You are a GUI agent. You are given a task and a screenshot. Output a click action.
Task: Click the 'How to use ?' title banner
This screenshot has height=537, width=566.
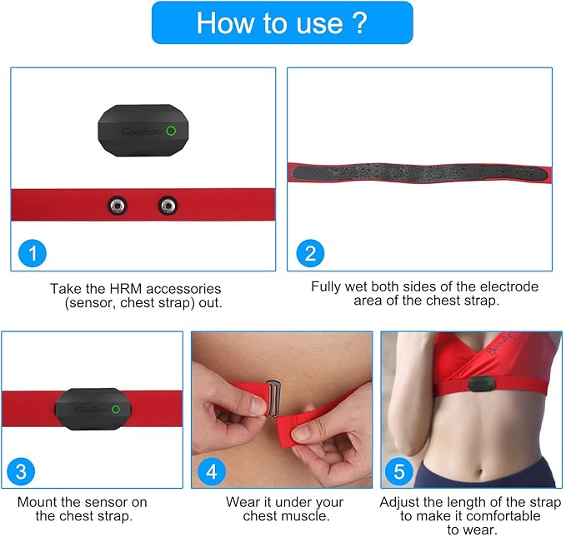[282, 22]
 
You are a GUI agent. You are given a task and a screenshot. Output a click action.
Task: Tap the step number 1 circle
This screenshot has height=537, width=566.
[32, 253]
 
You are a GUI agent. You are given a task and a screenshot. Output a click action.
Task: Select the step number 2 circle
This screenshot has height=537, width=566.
[310, 253]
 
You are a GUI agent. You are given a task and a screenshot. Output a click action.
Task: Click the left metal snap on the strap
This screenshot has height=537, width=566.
[118, 204]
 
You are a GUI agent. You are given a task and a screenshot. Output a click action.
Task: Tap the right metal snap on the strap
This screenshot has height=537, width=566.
[168, 204]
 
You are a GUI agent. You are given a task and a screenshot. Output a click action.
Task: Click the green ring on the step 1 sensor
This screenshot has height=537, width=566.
[171, 131]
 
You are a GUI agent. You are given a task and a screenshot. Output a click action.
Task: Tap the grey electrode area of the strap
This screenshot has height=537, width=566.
[417, 172]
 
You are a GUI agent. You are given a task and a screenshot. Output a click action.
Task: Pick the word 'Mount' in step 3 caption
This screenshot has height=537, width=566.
[38, 502]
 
